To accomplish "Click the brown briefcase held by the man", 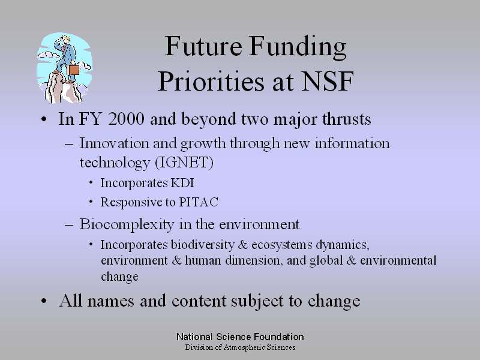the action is point(73,70).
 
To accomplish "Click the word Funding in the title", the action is point(297,47).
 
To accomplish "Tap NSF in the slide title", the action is point(328,82).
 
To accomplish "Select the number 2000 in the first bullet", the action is point(126,119).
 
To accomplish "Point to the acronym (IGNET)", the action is point(184,162).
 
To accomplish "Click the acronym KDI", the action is point(182,183).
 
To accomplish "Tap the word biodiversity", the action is point(203,245).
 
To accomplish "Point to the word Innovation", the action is point(115,143).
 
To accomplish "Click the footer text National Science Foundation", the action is point(241,337).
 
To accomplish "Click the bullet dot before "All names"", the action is point(44,301).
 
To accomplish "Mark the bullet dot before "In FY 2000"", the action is point(44,119).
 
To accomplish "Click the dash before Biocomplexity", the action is point(69,225).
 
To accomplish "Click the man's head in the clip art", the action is point(66,39).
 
